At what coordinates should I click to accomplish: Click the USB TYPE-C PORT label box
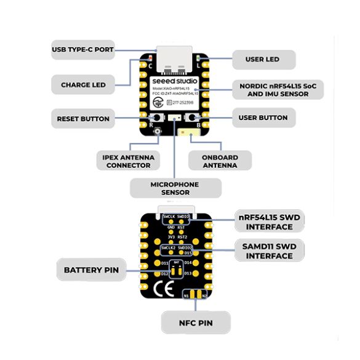point(83,50)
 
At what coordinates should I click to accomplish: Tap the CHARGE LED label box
point(83,85)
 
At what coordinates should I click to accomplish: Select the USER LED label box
point(263,60)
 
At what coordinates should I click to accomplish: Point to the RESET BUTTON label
point(83,119)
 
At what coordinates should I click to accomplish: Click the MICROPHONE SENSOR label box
point(175,188)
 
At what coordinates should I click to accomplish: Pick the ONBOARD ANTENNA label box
point(220,161)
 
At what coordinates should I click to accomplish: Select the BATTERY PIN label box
point(91,270)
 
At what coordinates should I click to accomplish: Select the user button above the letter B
point(193,118)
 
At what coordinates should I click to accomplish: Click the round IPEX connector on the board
point(158,132)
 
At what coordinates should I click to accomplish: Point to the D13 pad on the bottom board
point(188,273)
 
